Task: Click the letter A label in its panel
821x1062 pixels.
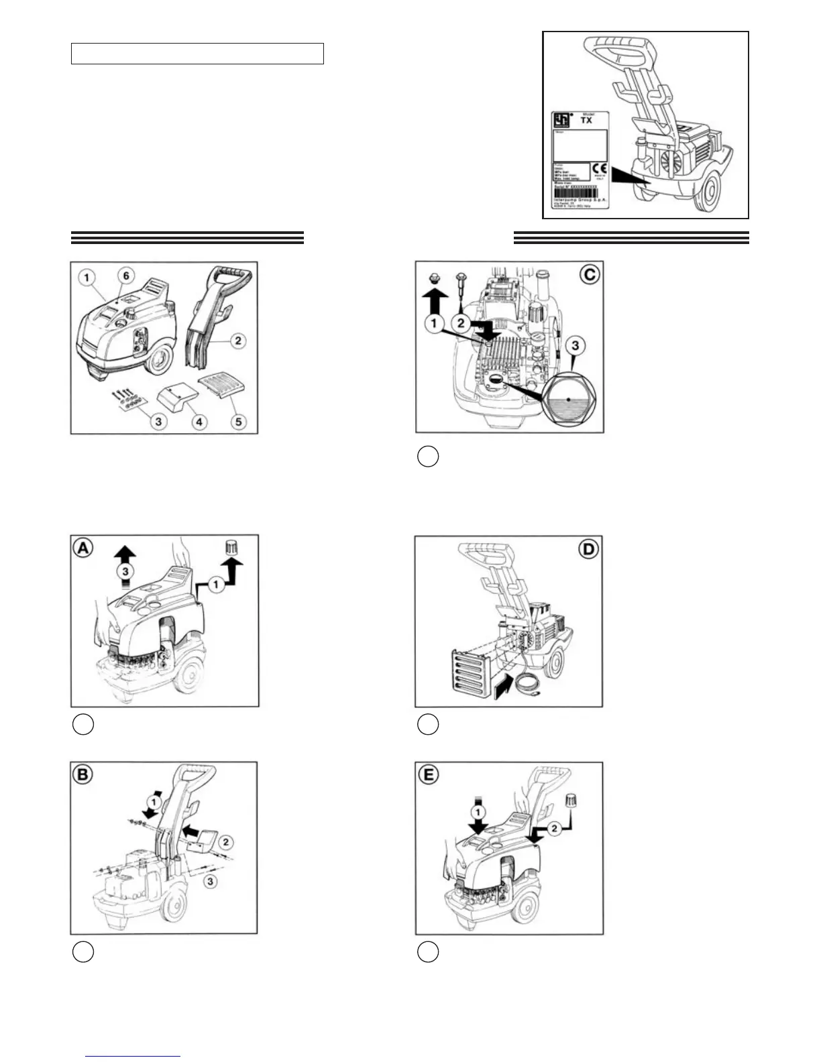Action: click(x=83, y=548)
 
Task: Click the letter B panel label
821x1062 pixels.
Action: click(x=83, y=775)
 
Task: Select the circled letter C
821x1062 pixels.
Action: click(x=590, y=274)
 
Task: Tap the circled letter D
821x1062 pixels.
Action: click(x=588, y=549)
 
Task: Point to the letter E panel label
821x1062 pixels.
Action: click(x=428, y=775)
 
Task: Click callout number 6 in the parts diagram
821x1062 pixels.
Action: click(x=125, y=276)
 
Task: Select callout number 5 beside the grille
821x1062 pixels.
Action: click(x=238, y=421)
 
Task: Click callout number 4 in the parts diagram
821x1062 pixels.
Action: click(x=199, y=422)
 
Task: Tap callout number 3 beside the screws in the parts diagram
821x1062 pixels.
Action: click(x=158, y=421)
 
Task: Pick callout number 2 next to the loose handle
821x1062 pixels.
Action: click(x=237, y=341)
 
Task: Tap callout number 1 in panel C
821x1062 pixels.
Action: click(x=435, y=324)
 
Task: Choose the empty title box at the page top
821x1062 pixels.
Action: click(x=197, y=54)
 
